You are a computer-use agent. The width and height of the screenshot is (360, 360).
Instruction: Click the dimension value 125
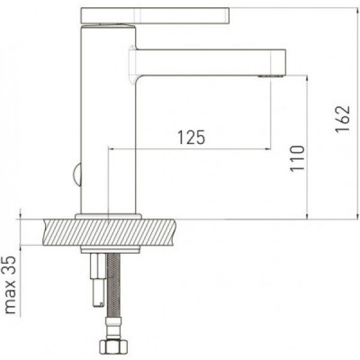(x=191, y=137)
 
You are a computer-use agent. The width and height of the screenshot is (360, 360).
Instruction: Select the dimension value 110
(x=297, y=158)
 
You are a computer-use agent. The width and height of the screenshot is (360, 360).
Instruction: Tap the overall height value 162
(x=343, y=119)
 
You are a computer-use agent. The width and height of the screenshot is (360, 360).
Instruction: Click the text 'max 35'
(x=10, y=285)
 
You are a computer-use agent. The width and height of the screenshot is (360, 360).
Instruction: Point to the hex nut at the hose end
(x=113, y=346)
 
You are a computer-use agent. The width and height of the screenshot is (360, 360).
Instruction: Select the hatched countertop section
(x=109, y=232)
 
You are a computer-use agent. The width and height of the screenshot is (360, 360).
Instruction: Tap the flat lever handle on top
(x=155, y=16)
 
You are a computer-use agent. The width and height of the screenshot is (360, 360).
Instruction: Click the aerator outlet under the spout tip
(x=270, y=76)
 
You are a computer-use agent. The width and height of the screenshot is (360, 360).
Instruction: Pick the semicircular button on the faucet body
(x=77, y=175)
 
